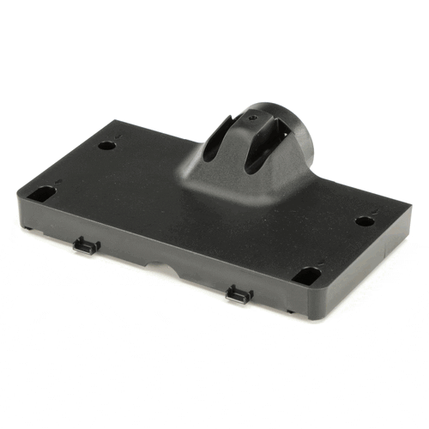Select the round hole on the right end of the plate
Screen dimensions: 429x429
365,221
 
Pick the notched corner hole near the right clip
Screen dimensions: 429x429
305,276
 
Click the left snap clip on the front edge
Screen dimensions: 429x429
87,247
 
